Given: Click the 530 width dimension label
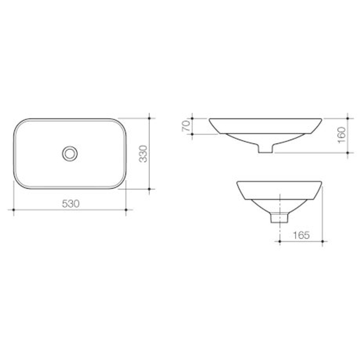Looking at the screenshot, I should point(71,203).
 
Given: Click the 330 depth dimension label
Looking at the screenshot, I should point(143,154).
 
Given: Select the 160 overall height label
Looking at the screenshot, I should point(342,135).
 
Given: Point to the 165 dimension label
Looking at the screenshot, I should point(301,235).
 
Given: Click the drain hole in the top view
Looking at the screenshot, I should point(70,153).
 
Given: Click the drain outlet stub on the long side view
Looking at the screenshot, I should point(265,149).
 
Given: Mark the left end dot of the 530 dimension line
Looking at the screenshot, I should point(13,210).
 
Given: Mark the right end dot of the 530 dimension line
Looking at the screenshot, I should point(126,210).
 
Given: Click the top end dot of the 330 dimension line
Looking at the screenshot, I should point(149,118).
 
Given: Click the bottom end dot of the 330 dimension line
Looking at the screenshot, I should point(149,189).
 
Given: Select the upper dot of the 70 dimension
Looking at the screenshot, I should point(192,118).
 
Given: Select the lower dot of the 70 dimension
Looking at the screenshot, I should point(192,134).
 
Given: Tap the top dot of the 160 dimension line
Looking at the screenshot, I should point(348,118).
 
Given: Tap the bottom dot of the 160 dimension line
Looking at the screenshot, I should point(348,153).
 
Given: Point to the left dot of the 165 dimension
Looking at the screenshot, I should point(279,241).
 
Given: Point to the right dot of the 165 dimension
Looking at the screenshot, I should point(322,241).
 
